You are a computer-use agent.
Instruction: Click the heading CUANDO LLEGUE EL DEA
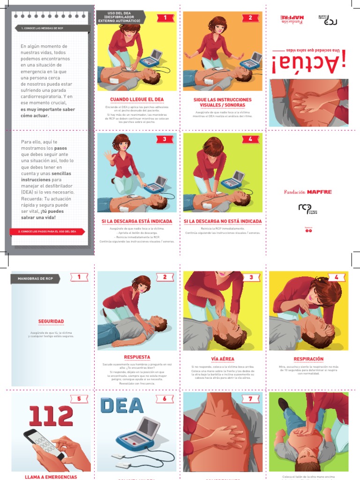(137, 99)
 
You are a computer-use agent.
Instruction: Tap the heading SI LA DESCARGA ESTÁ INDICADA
(137, 221)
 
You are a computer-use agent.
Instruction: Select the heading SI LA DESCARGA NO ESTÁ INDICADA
(223, 221)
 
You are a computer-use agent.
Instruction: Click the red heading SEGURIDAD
(51, 321)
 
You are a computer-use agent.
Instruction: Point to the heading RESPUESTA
(137, 357)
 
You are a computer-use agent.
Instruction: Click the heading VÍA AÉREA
(223, 359)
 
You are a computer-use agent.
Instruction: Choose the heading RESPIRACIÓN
(308, 359)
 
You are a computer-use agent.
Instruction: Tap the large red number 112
(51, 416)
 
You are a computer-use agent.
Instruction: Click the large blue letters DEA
(122, 405)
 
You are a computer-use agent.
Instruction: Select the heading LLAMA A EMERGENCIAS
(51, 477)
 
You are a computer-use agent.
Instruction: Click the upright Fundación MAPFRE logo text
(308, 192)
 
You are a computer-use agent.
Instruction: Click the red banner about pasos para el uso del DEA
(47, 232)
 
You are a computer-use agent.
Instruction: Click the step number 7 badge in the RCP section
(250, 399)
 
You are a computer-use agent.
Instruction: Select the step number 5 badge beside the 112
(79, 399)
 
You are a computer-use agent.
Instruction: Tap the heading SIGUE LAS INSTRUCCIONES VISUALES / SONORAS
(223, 102)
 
